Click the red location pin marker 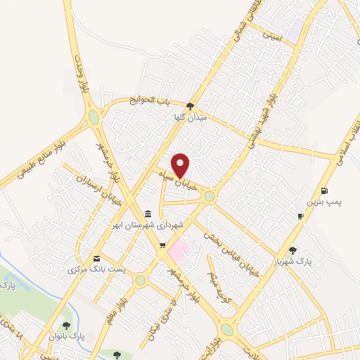tap(181, 165)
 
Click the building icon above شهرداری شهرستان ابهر tap(148, 214)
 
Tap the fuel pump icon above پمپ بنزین tap(323, 191)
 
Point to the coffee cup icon tap(301, 216)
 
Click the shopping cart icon tap(162, 245)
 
